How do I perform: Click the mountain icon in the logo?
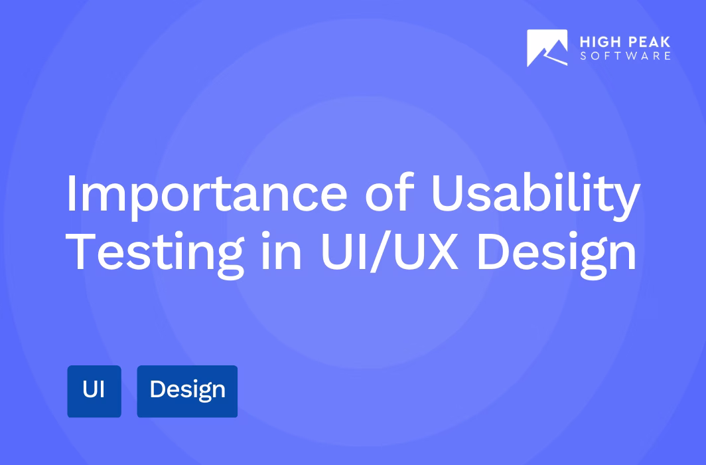[x=547, y=48]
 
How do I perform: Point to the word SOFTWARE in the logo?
[x=625, y=56]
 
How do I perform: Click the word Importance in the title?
[x=206, y=194]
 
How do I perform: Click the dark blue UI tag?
[x=94, y=391]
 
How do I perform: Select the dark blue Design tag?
[x=187, y=391]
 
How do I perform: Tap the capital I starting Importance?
[x=72, y=194]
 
